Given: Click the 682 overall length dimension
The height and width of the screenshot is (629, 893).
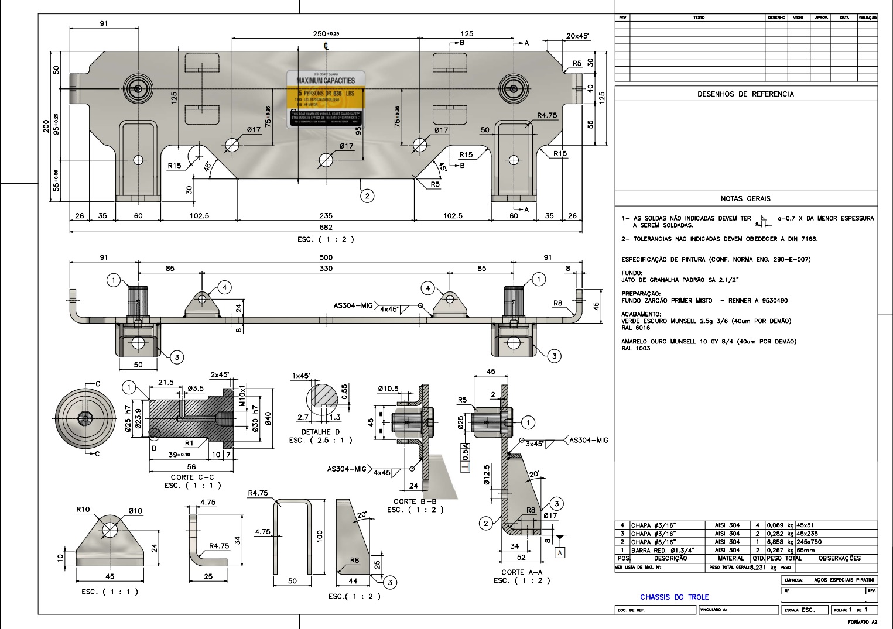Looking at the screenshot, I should pyautogui.click(x=326, y=227).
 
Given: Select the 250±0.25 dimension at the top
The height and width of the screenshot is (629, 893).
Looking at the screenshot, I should pyautogui.click(x=326, y=34).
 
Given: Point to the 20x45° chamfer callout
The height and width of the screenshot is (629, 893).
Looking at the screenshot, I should pyautogui.click(x=577, y=36).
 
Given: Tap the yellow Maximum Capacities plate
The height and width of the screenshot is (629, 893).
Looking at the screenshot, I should pyautogui.click(x=326, y=98).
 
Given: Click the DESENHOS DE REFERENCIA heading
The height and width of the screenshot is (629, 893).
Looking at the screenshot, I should pyautogui.click(x=745, y=94).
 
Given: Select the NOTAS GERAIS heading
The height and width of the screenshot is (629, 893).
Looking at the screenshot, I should pyautogui.click(x=745, y=198).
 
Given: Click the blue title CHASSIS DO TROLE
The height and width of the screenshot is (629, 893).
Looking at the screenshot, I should pyautogui.click(x=674, y=597).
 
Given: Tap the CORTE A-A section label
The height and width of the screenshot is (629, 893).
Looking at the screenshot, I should pyautogui.click(x=521, y=572).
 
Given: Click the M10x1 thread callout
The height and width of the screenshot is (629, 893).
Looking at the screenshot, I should pyautogui.click(x=240, y=392).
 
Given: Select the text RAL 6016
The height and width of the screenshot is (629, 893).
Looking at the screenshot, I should pyautogui.click(x=635, y=328).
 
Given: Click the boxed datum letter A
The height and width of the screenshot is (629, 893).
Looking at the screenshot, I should pyautogui.click(x=560, y=552).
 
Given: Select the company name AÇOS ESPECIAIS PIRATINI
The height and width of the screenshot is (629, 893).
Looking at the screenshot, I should pyautogui.click(x=843, y=580).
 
